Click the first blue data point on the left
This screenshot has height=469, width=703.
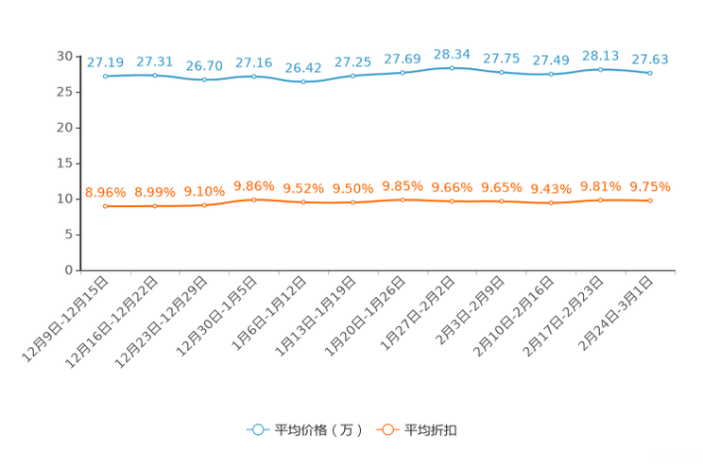coord(106,76)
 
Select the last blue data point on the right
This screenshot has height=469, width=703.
coord(650,73)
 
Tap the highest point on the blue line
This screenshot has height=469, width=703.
coord(452,68)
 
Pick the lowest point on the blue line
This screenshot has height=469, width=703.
coord(303,82)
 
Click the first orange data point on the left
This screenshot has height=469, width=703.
coord(106,206)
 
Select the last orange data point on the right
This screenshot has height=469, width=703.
coord(650,200)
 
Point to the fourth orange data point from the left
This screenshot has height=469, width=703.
coord(254,200)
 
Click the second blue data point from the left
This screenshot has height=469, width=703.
coord(155,76)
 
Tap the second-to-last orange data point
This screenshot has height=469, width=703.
coord(600,200)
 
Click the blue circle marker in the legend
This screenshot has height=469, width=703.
coord(257,429)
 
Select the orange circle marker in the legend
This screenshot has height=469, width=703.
coord(386,429)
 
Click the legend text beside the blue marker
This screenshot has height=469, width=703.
coord(317,430)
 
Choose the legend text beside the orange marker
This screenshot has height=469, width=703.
coord(431,430)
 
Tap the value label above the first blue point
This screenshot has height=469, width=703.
coord(105,62)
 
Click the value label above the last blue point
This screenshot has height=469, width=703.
coord(649,60)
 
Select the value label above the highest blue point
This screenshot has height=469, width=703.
coord(452,54)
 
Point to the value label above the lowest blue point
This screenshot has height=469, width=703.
coord(303,68)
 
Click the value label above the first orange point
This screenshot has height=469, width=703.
coord(105,192)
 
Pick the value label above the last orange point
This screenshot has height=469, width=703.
coord(649,186)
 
